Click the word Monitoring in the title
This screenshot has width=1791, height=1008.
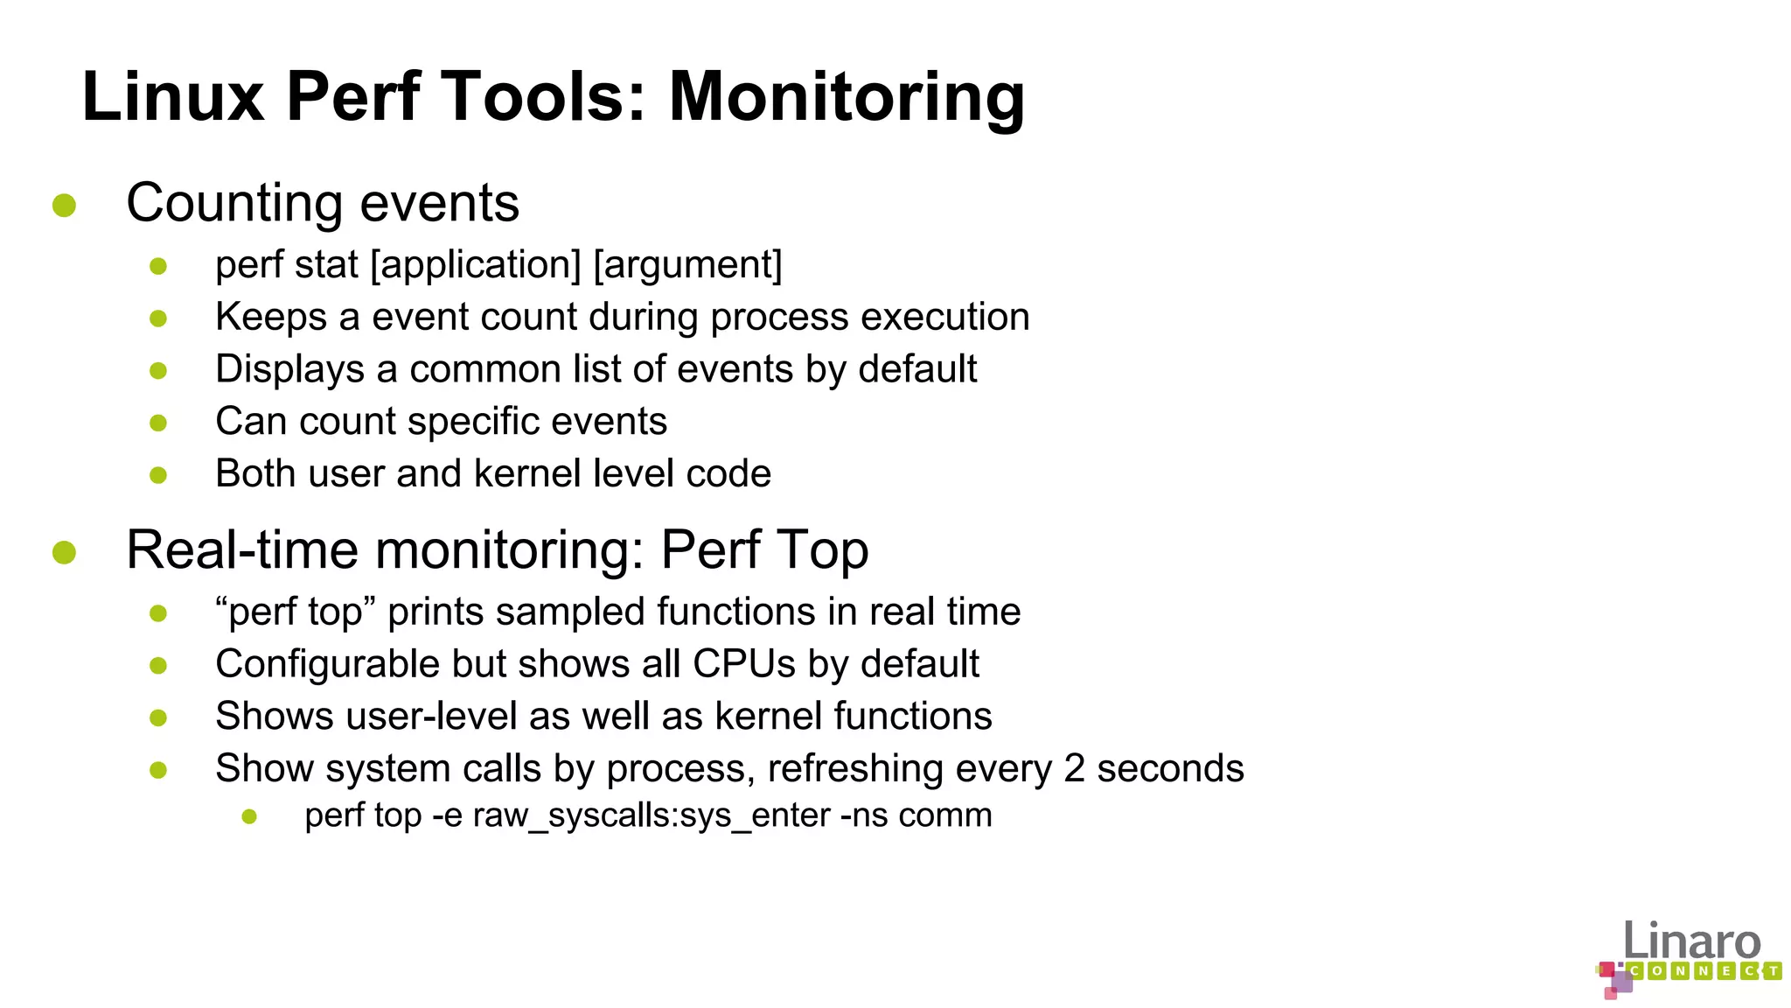847,98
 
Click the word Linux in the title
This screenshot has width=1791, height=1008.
172,98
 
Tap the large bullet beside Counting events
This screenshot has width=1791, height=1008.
64,206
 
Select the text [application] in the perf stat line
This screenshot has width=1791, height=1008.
476,265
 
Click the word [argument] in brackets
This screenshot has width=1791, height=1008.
687,265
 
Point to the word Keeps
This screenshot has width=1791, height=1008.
270,318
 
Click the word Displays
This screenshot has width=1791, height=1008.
289,370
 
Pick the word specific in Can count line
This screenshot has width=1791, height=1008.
473,423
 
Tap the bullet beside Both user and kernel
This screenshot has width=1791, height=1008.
158,475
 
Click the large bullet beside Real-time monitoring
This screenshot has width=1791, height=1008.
64,552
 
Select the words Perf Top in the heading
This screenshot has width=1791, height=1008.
763,550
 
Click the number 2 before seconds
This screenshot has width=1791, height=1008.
1075,769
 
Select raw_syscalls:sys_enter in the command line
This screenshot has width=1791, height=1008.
651,816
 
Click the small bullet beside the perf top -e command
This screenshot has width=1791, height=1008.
249,817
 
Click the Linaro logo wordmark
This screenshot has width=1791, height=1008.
1691,941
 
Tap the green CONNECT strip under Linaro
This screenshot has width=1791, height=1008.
1704,971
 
